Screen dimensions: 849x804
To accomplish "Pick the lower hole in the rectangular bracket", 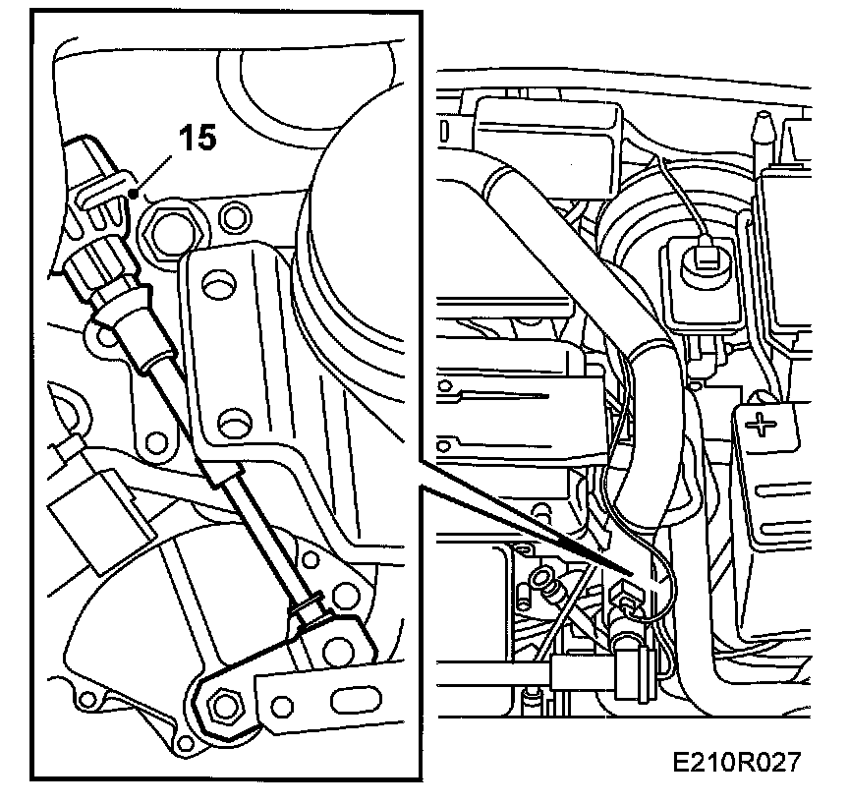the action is click(232, 425).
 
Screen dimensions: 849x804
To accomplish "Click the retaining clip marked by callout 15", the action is click(101, 187).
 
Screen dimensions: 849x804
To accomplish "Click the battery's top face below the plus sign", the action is click(786, 482).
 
